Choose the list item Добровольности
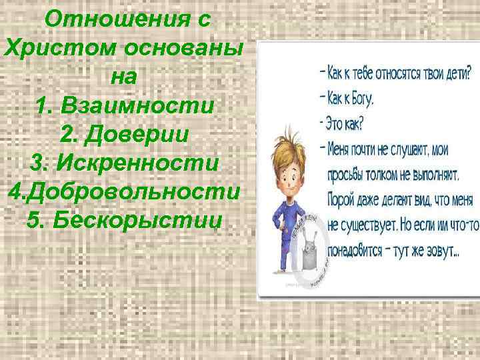tap(133, 191)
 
